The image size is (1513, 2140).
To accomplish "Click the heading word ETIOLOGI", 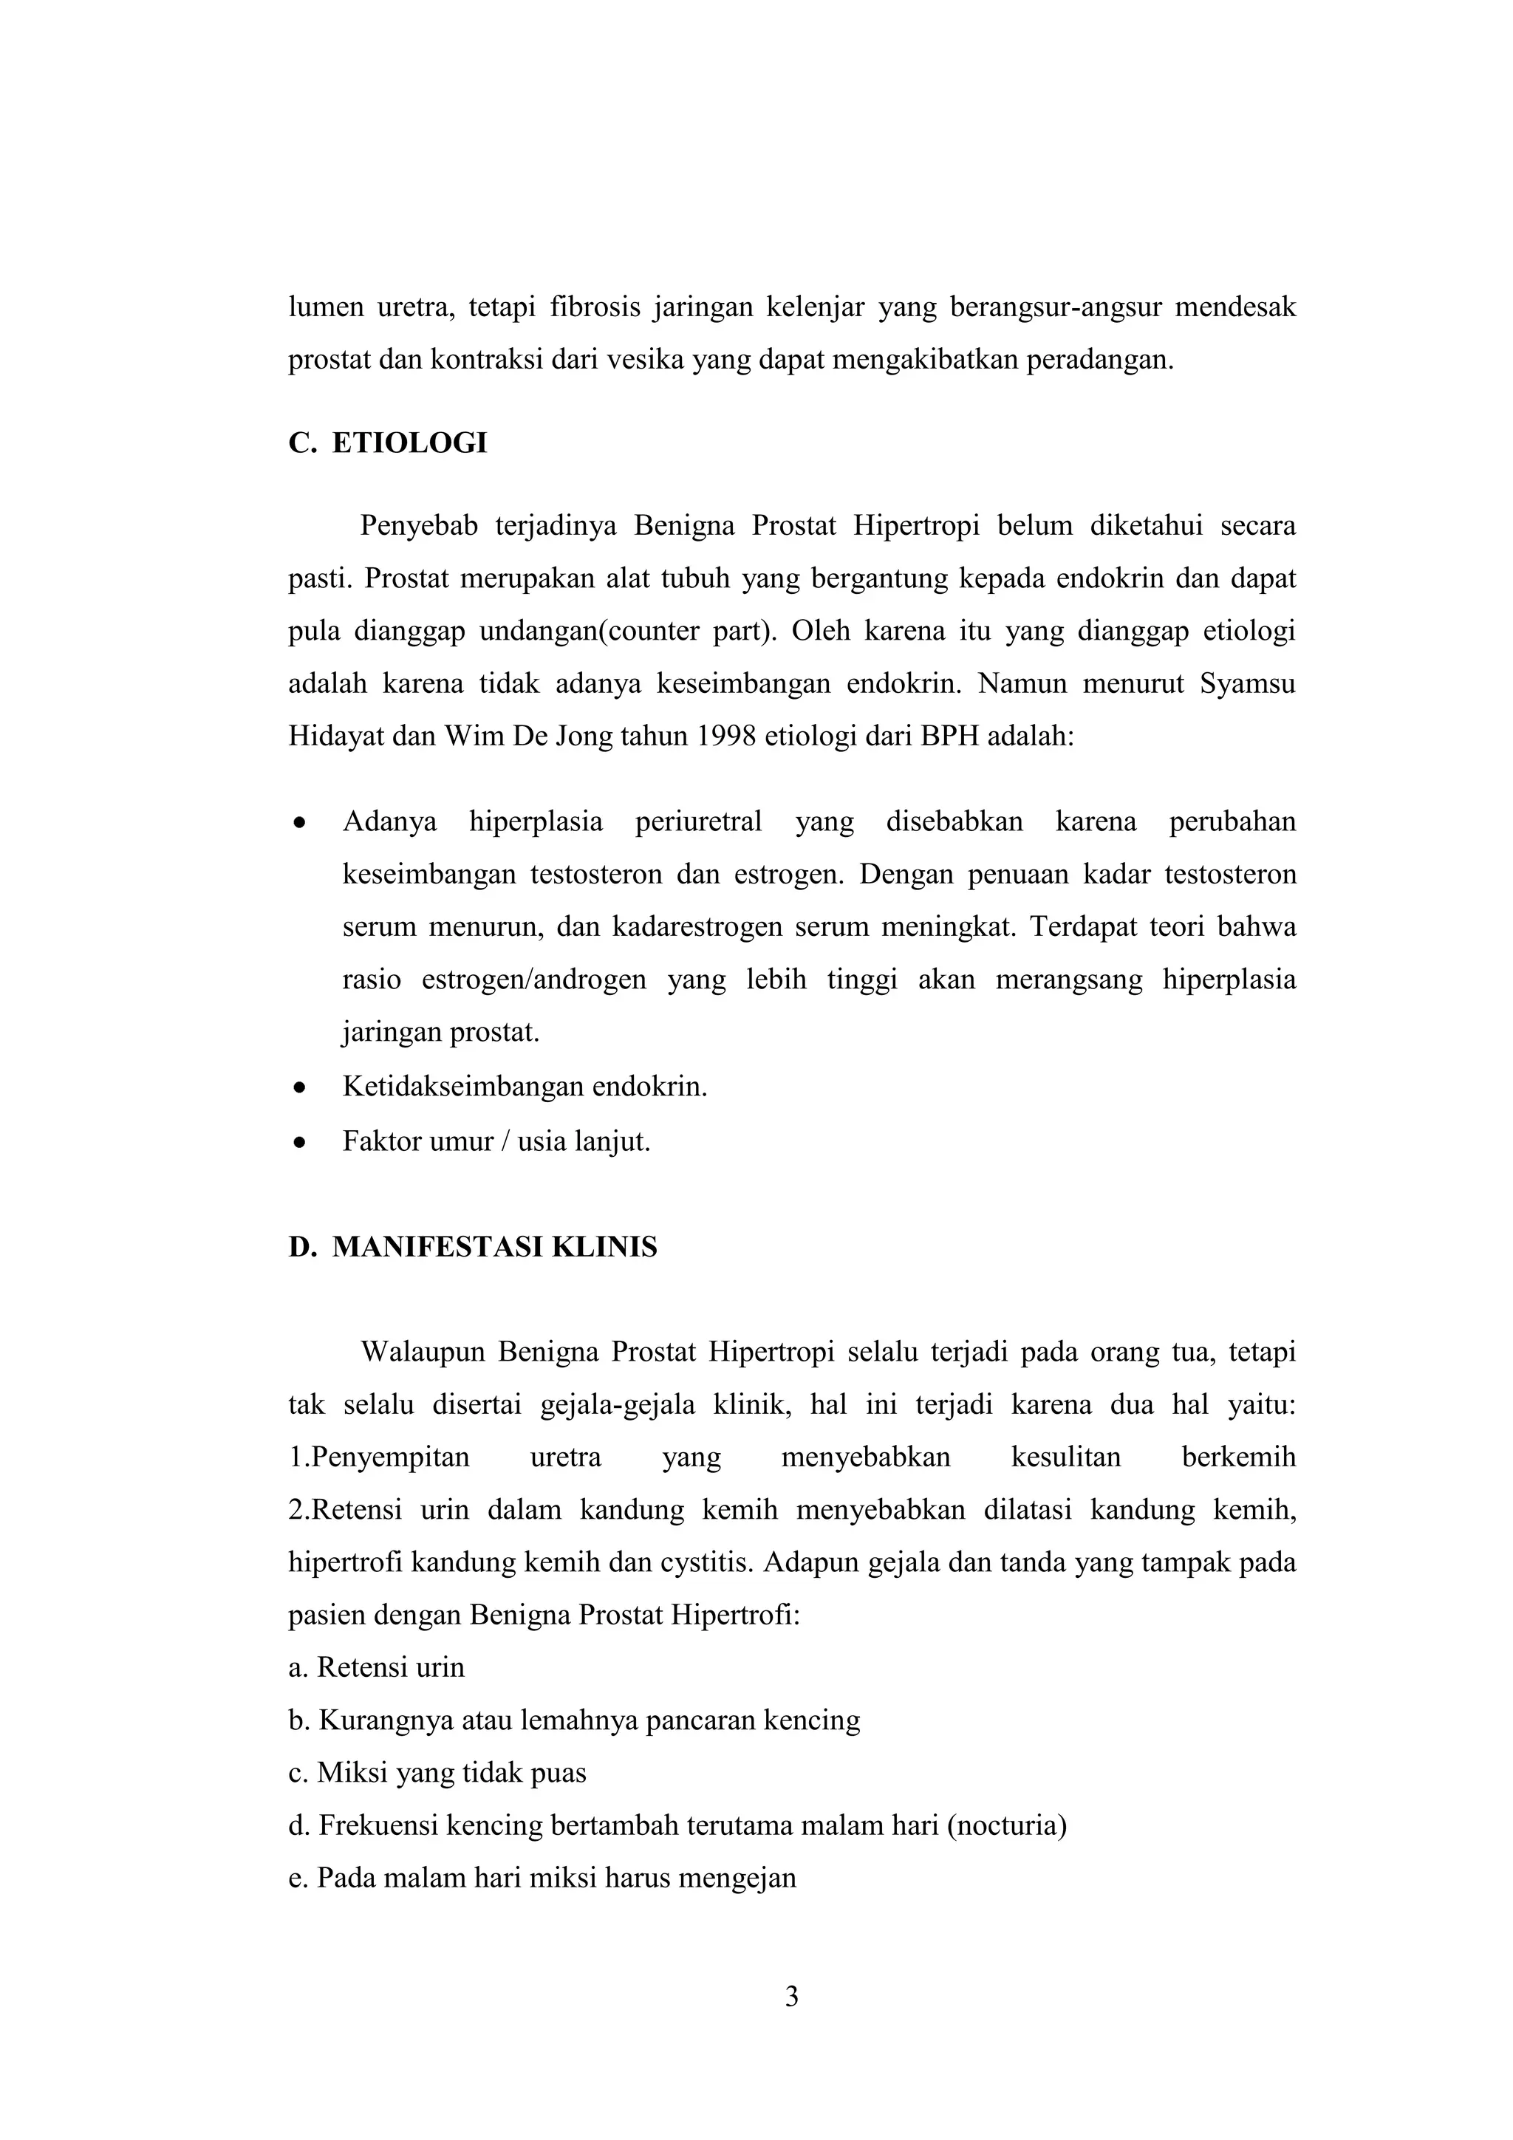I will (x=409, y=442).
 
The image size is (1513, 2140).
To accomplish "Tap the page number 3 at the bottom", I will (x=791, y=1997).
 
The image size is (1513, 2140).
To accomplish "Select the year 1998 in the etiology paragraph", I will (x=724, y=736).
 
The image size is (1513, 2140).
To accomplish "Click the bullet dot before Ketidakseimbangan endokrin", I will (x=299, y=1087).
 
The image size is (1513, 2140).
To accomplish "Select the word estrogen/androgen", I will (x=533, y=980).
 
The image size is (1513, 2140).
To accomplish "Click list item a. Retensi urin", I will (x=377, y=1667).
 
